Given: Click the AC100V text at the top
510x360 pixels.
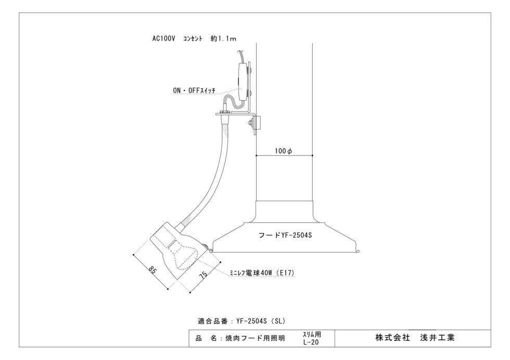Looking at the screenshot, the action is click(x=163, y=38).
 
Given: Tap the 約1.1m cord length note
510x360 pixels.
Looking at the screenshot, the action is click(x=223, y=38).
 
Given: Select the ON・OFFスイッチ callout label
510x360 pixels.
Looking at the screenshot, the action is click(x=194, y=91).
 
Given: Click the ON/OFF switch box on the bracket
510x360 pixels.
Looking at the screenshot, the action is click(x=243, y=81).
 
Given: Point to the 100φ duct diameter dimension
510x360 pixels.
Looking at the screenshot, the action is click(x=283, y=151).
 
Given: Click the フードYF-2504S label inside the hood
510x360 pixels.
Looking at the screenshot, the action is click(x=285, y=235).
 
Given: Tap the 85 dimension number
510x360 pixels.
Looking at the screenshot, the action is click(x=152, y=269).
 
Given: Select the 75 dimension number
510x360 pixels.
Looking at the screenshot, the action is click(x=203, y=275).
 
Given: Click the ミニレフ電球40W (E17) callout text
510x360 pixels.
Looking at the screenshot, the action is click(x=262, y=273).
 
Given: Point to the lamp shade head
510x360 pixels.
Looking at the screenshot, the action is click(x=177, y=250).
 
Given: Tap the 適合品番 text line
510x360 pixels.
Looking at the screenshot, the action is click(x=241, y=322).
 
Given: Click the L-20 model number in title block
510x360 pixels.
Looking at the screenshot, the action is click(x=311, y=342).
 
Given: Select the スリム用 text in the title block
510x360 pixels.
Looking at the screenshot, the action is click(x=312, y=335).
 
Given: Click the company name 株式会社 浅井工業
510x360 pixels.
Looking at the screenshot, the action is click(x=415, y=338).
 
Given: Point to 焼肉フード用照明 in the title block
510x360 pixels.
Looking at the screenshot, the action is click(x=256, y=339).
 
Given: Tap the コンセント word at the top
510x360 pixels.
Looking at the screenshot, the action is click(x=193, y=38).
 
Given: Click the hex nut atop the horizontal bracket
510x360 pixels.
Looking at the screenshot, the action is click(x=224, y=112).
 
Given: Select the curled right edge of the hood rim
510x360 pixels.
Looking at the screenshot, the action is click(x=357, y=250).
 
